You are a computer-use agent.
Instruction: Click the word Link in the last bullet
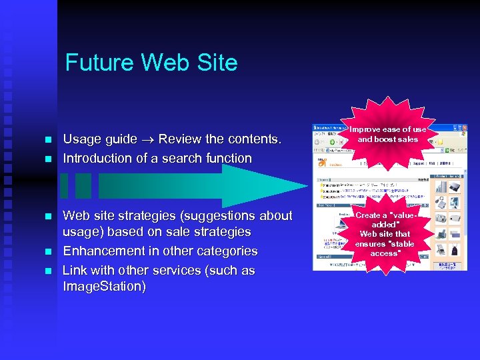75,271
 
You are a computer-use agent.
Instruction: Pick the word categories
224,251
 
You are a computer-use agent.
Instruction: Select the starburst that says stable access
385,234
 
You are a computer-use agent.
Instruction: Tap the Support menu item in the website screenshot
419,162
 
